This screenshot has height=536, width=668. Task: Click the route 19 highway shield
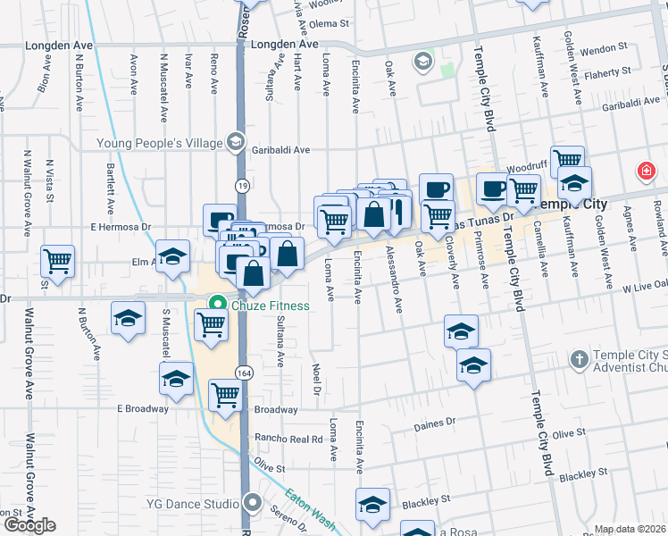(x=242, y=185)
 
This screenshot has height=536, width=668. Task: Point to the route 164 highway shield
(x=242, y=371)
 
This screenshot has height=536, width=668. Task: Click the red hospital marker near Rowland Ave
(x=644, y=171)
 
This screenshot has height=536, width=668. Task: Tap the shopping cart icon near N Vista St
(x=58, y=263)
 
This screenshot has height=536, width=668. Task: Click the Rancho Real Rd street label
(x=288, y=439)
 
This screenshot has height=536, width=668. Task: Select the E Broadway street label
(x=142, y=408)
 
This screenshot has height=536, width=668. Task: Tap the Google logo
(x=29, y=525)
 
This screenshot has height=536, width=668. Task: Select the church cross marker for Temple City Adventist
(x=580, y=359)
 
